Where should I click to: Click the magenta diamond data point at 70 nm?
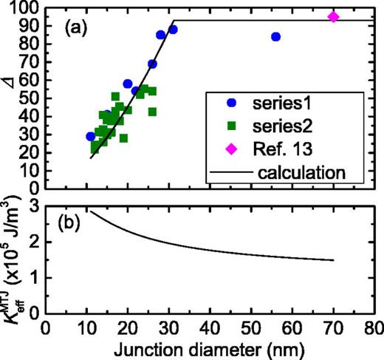click(333, 17)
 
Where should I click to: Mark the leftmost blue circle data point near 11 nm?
click(91, 137)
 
